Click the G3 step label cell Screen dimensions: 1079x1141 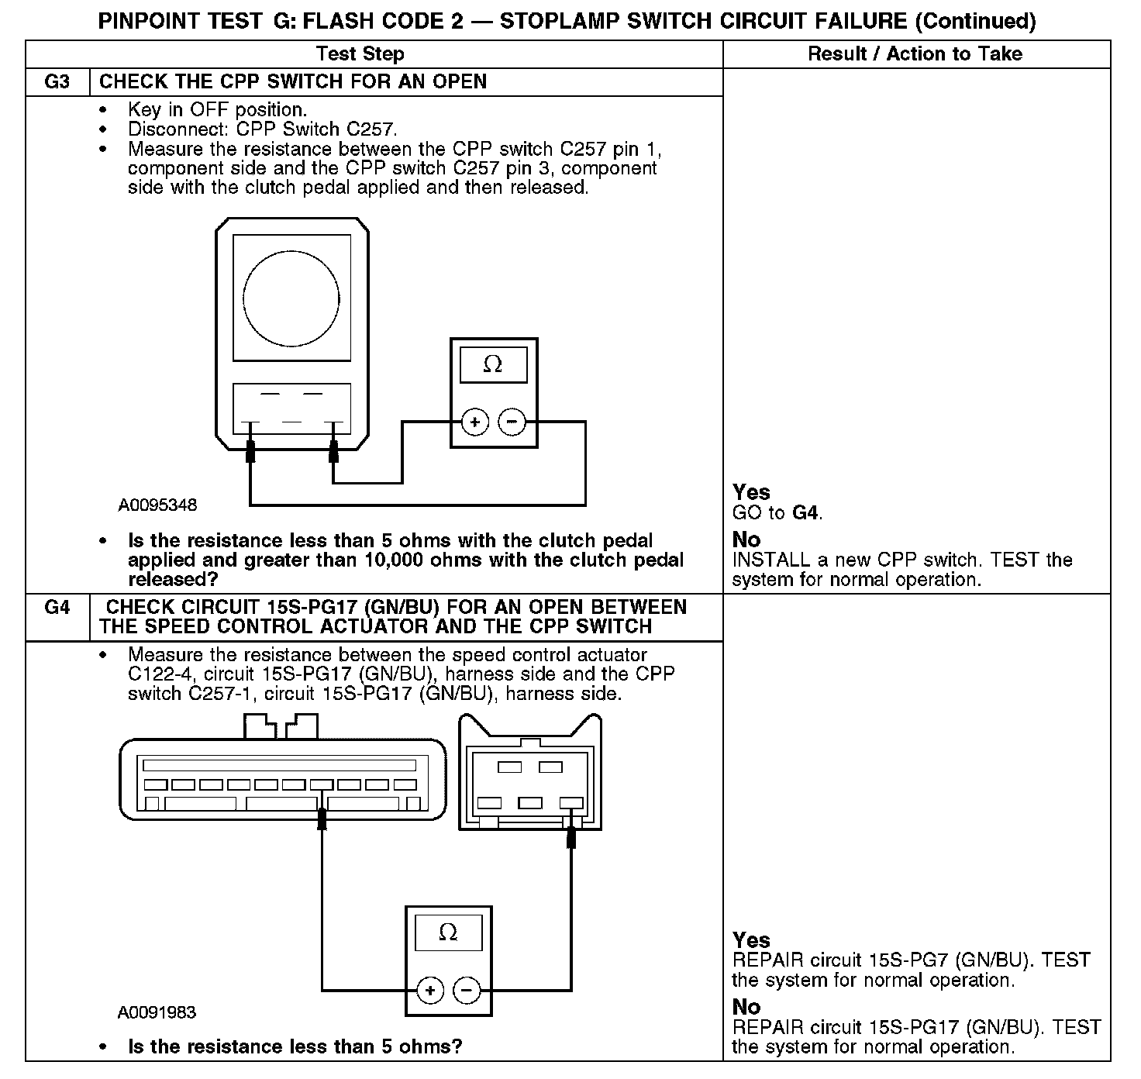tap(57, 82)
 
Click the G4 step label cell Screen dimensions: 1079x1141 tap(57, 607)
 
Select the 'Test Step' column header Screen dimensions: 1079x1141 tap(360, 53)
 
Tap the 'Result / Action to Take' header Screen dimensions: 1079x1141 tap(915, 53)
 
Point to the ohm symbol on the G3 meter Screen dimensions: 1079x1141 tap(493, 364)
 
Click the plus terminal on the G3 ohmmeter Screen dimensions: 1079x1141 tap(475, 422)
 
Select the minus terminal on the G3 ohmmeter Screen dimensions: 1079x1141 tap(512, 422)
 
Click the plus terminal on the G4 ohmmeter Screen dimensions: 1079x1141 tap(430, 990)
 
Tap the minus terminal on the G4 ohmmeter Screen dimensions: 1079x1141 tap(467, 990)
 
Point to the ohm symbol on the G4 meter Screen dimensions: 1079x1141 tap(448, 932)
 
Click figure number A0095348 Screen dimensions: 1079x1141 tap(157, 505)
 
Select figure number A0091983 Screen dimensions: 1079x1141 tap(157, 1012)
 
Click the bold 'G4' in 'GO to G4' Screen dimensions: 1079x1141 tap(805, 512)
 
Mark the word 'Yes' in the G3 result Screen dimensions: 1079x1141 tap(751, 492)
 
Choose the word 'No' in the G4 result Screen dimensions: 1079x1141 tap(746, 1007)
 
